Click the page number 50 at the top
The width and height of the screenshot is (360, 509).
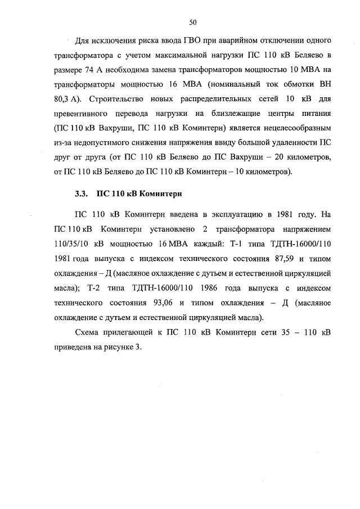pyautogui.click(x=192, y=22)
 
